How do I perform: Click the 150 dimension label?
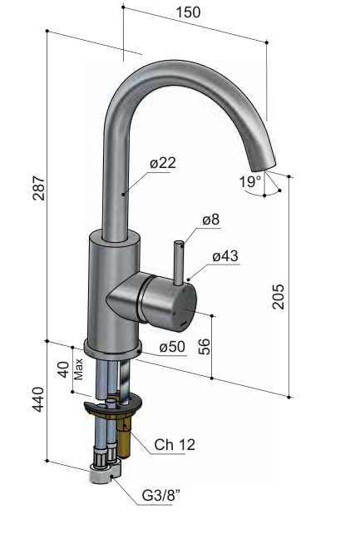tap(188, 12)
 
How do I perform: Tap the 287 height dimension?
tap(39, 188)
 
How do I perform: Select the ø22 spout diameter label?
tap(163, 163)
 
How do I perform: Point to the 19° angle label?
tap(250, 181)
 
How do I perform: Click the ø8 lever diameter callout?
tap(211, 220)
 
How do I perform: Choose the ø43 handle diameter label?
tap(225, 256)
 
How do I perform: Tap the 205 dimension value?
tap(279, 297)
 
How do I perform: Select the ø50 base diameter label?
tap(172, 347)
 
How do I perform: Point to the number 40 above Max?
tap(63, 369)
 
